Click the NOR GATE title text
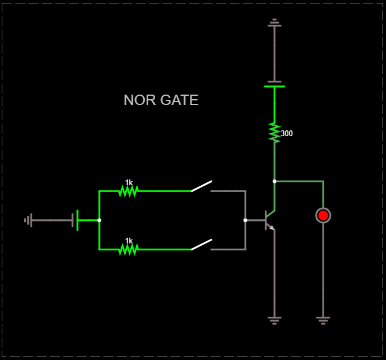point(161,100)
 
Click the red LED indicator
point(323,215)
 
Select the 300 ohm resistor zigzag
point(274,133)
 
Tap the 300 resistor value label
point(287,133)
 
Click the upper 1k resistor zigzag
point(128,190)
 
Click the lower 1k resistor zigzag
point(128,249)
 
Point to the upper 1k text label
point(129,182)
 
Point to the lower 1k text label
point(129,241)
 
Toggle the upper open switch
point(201,186)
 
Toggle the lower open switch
point(201,245)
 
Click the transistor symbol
point(268,220)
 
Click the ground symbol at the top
point(274,24)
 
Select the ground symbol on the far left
point(28,220)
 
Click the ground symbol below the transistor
point(274,318)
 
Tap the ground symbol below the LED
point(323,318)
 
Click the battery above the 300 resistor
point(274,84)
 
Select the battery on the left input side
point(75,220)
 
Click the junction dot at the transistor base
point(245,220)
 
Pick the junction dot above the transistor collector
point(274,181)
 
